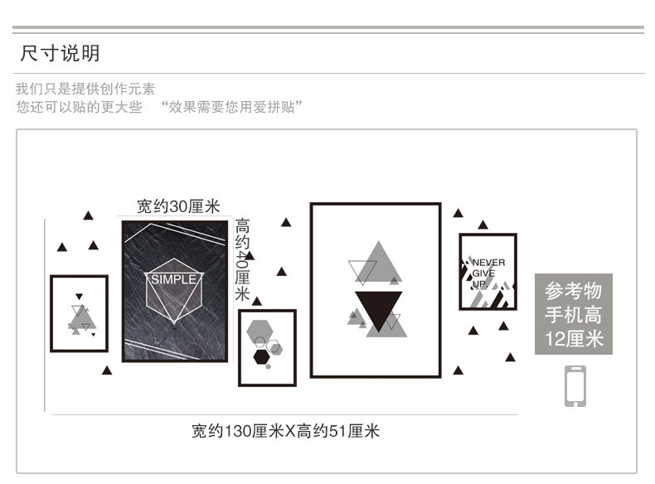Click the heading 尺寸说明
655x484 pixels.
coord(60,54)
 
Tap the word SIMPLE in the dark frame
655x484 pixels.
coord(174,279)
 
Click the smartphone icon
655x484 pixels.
coord(575,385)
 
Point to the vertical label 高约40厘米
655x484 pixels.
coord(242,259)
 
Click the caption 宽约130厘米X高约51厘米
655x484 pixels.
coord(285,431)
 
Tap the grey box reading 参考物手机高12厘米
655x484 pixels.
coord(574,314)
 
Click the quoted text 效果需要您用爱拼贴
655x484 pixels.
coord(233,108)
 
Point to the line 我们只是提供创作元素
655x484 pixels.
coord(85,89)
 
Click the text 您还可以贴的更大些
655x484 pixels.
coord(79,108)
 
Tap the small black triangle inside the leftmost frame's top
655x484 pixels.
coord(79,297)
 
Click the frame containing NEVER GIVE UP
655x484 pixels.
coord(488,272)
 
